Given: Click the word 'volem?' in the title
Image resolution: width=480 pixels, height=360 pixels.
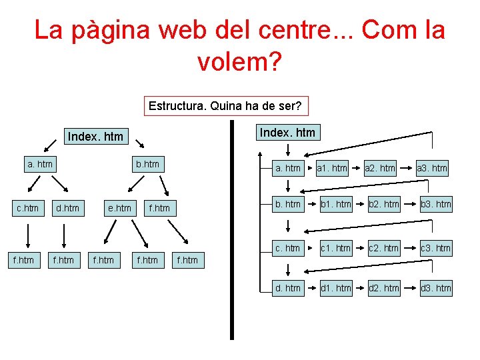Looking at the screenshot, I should click(x=240, y=63).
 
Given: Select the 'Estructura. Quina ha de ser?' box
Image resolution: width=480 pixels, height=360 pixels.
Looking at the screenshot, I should click(x=225, y=106).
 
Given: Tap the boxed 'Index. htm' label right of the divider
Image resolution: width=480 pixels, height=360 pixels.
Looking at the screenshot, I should click(x=287, y=133).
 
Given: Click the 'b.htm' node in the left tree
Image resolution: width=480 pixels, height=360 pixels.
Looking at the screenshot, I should click(x=147, y=164).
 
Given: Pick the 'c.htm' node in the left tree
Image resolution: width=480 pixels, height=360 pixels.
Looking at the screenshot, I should click(x=27, y=208).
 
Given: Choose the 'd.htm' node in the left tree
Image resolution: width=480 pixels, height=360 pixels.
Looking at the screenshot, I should click(x=67, y=208).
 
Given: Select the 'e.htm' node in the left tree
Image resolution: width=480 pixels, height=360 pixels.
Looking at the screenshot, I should click(x=119, y=208).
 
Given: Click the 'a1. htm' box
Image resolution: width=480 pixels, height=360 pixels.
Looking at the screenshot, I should click(x=332, y=168).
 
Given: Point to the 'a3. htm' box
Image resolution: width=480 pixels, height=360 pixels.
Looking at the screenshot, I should click(x=432, y=168).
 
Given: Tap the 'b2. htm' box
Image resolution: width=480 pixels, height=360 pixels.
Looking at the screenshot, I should click(x=382, y=204).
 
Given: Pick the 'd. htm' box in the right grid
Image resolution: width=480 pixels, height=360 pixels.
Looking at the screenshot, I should click(x=288, y=288).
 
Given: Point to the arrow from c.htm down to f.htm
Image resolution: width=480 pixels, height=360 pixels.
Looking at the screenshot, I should click(x=28, y=235).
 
